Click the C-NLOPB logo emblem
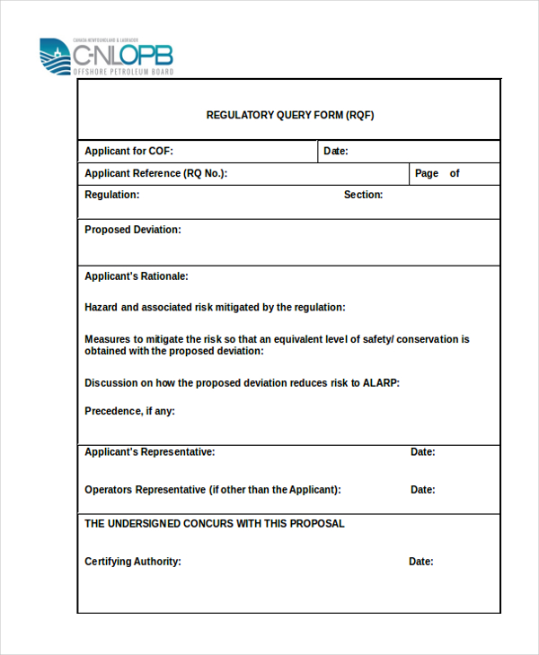(55, 57)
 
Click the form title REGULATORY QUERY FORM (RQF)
(290, 115)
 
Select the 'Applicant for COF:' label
(128, 152)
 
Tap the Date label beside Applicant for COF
(336, 152)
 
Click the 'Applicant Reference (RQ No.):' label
(155, 174)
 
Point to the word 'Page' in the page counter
(427, 174)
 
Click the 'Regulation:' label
(111, 195)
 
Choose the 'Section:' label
(363, 195)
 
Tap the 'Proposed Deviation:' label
(132, 230)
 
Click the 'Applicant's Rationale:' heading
(136, 276)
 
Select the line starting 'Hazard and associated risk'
(215, 307)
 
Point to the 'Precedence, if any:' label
(129, 411)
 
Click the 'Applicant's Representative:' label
(149, 452)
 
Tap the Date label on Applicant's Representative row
(423, 452)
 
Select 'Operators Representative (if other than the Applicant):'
(213, 490)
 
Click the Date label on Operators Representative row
(423, 490)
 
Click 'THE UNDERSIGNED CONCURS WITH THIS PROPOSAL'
(214, 523)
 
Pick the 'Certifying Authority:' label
(133, 562)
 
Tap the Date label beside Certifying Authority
(421, 562)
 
